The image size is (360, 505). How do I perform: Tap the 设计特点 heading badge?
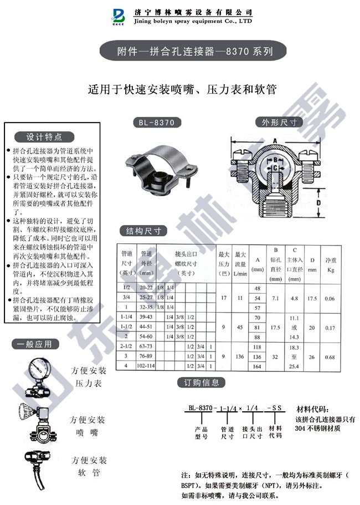click(45, 137)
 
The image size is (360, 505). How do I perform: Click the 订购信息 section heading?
click(202, 382)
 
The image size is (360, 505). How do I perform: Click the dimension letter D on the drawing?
click(318, 203)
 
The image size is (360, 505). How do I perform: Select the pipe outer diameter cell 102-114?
click(147, 366)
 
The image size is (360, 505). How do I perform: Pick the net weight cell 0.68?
click(330, 358)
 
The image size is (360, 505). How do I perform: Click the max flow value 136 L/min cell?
click(240, 358)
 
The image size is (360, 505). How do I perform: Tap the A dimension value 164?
click(257, 366)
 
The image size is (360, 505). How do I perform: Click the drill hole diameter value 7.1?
click(275, 298)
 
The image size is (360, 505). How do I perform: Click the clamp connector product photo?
click(161, 166)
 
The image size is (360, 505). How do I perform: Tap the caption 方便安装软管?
click(89, 467)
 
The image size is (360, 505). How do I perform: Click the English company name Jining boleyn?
click(194, 21)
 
